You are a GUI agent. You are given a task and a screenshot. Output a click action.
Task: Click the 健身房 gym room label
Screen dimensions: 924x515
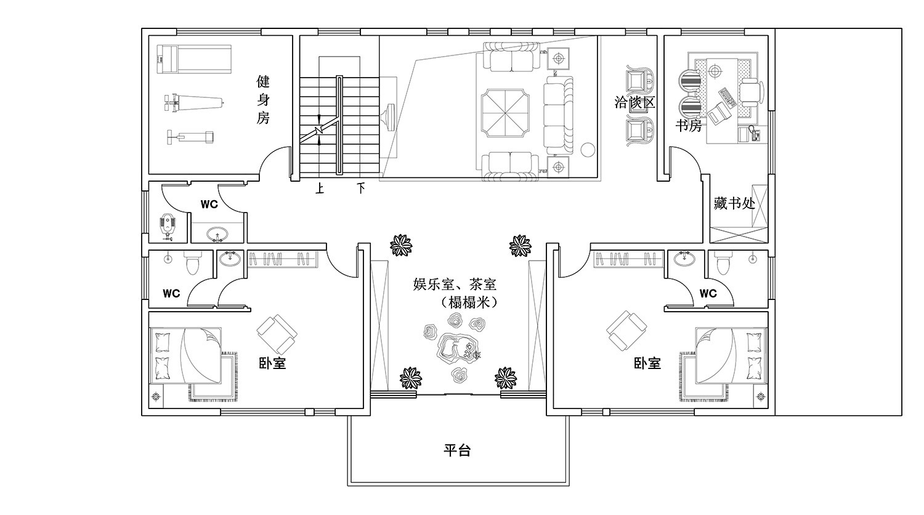pyautogui.click(x=263, y=99)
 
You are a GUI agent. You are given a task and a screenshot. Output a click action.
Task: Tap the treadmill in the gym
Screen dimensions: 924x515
pyautogui.click(x=194, y=59)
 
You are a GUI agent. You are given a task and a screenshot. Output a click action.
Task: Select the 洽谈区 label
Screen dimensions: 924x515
pyautogui.click(x=635, y=102)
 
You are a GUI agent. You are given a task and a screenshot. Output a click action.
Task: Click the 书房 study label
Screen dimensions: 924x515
pyautogui.click(x=689, y=125)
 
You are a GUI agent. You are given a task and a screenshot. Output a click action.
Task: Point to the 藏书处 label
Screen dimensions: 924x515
pyautogui.click(x=734, y=203)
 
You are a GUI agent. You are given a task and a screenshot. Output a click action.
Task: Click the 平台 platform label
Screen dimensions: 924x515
pyautogui.click(x=457, y=450)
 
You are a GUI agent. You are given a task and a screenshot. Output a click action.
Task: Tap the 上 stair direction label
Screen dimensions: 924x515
pyautogui.click(x=320, y=189)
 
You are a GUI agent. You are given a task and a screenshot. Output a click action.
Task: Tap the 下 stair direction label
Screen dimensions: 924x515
pyautogui.click(x=361, y=189)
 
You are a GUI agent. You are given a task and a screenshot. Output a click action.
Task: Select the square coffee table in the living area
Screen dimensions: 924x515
pyautogui.click(x=505, y=112)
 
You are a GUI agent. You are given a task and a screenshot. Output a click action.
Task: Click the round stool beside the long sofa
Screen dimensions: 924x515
pyautogui.click(x=588, y=149)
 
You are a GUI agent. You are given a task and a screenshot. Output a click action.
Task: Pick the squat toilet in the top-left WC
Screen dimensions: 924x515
pyautogui.click(x=167, y=226)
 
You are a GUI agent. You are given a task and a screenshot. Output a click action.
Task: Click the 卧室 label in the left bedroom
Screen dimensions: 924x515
pyautogui.click(x=272, y=363)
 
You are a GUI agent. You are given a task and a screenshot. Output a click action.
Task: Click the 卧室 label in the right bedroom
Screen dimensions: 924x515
pyautogui.click(x=647, y=363)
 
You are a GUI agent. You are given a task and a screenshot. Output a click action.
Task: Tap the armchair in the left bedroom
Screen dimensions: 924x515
pyautogui.click(x=277, y=335)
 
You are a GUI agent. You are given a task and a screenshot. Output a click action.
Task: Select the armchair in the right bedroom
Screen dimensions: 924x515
pyautogui.click(x=626, y=331)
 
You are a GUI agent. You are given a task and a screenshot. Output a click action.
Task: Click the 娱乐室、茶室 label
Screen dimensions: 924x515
pyautogui.click(x=455, y=285)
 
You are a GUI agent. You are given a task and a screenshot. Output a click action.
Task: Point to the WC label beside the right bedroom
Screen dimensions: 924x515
pyautogui.click(x=708, y=293)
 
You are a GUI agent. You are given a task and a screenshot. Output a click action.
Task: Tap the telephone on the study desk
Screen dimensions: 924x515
pyautogui.click(x=756, y=134)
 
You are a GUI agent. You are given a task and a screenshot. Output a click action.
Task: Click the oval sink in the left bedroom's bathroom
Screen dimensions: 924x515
pyautogui.click(x=230, y=258)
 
